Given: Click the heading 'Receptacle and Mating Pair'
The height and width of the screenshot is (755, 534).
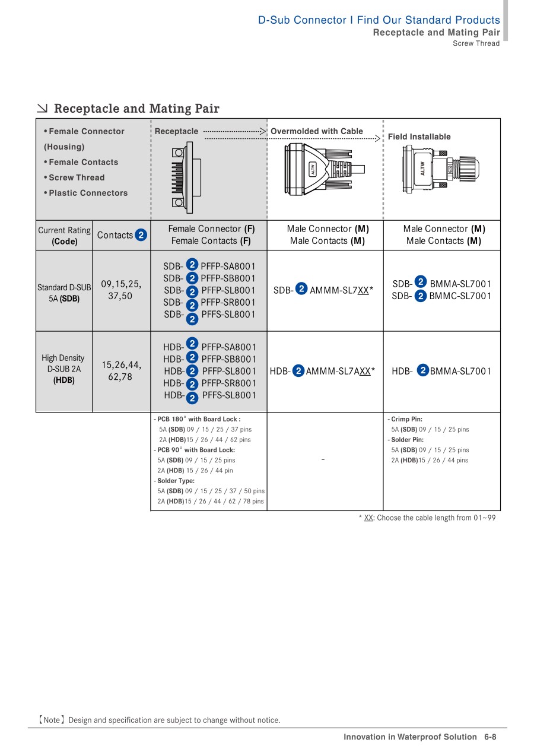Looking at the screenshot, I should [x=136, y=109].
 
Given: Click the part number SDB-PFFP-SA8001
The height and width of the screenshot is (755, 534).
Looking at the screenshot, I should [x=209, y=266].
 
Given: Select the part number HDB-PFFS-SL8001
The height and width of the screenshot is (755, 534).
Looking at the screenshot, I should [x=210, y=395].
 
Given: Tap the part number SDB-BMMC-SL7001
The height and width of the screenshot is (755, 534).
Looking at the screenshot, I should [x=441, y=296].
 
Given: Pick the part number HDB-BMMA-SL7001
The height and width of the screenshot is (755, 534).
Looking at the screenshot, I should [x=441, y=371].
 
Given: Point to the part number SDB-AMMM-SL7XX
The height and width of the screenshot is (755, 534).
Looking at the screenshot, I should [x=323, y=290].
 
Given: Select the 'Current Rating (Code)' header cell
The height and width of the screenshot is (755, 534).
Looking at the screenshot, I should [x=64, y=236].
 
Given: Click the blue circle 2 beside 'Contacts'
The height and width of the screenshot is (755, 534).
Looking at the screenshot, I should [x=141, y=235].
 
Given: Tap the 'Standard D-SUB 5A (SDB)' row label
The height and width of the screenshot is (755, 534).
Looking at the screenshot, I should [x=64, y=293].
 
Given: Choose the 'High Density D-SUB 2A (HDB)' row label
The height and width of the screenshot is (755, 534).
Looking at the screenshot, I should [x=64, y=369].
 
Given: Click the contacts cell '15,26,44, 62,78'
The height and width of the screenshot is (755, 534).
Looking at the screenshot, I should [x=121, y=370].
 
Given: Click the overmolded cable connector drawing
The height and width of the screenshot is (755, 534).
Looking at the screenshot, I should [x=323, y=169].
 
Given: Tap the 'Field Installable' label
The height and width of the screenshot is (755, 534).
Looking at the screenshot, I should [x=419, y=137].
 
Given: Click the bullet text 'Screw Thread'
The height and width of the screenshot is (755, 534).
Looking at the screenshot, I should [x=77, y=177].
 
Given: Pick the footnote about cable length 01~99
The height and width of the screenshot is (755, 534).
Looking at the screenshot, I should [x=427, y=518].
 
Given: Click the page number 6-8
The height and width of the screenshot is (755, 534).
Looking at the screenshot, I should [x=490, y=737].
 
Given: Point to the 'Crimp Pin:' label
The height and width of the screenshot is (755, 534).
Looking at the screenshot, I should [x=406, y=419].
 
